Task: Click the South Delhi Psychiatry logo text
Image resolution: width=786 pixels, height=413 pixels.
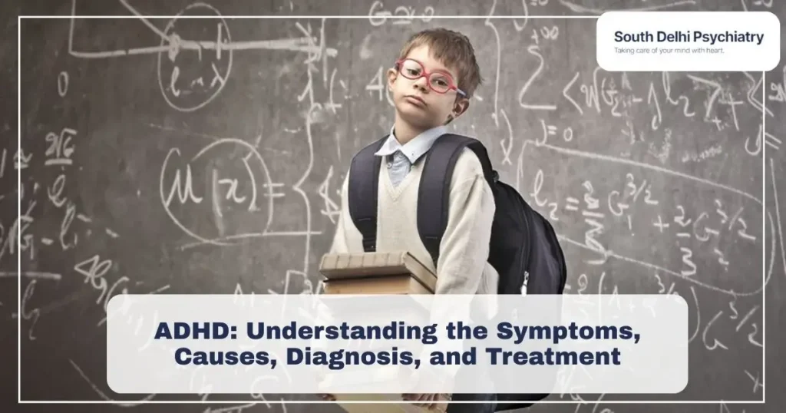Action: coord(688,37)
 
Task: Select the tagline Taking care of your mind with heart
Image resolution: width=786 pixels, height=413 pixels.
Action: coord(669,51)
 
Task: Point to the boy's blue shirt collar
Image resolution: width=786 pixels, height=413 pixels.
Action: coord(403,149)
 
